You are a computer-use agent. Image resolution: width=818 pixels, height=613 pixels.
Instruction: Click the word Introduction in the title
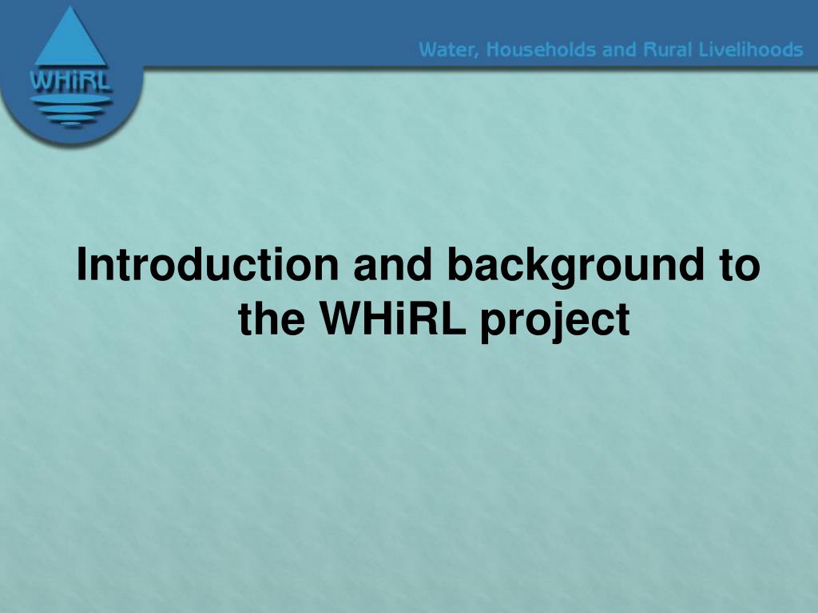pyautogui.click(x=208, y=264)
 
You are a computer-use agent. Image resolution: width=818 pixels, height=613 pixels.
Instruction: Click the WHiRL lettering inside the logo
pyautogui.click(x=70, y=81)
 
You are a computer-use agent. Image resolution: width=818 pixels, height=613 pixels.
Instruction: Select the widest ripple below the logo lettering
pyautogui.click(x=70, y=99)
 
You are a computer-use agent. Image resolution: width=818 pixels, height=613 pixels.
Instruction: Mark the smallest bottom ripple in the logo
pyautogui.click(x=71, y=125)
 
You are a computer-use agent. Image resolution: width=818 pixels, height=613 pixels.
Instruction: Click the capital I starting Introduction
pyautogui.click(x=81, y=264)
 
